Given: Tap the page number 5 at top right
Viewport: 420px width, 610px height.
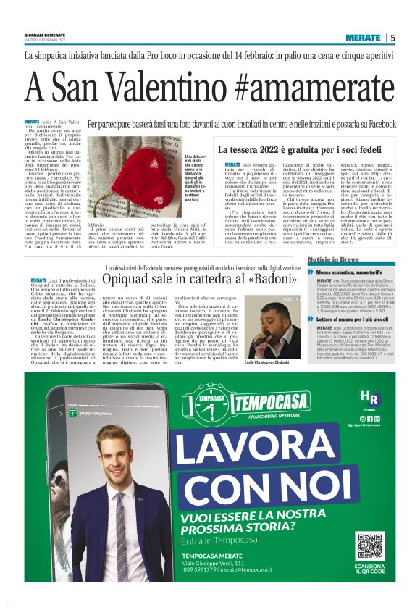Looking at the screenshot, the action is (392, 38).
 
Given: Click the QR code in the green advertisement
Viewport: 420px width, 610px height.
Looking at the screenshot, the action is (369, 545).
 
